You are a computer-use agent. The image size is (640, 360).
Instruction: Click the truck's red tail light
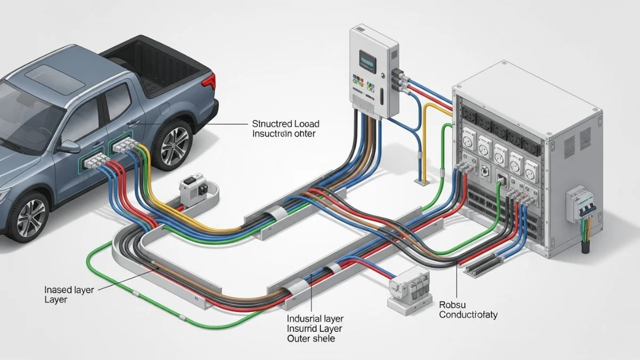coord(211,82)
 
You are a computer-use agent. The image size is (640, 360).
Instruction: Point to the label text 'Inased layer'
coord(69,290)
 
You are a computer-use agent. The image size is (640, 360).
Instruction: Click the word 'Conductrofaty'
coord(468,315)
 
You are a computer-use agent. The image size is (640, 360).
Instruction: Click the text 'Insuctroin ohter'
coord(283,133)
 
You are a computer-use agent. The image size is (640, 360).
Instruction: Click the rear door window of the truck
coord(121,101)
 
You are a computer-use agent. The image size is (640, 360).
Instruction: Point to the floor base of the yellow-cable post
coord(422,182)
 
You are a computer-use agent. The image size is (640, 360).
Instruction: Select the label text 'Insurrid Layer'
coord(315,328)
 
